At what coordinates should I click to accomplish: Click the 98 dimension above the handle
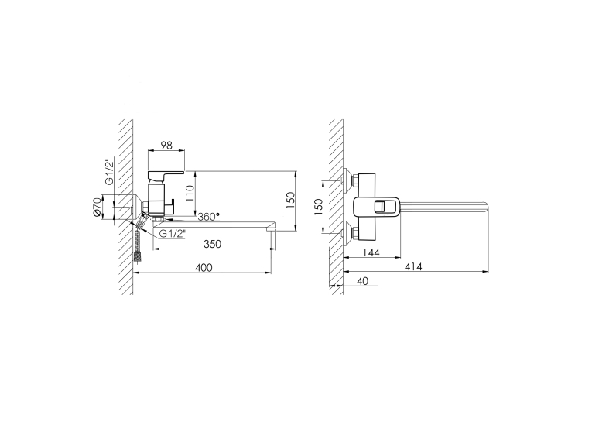click(x=166, y=145)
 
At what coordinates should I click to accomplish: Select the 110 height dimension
click(x=190, y=193)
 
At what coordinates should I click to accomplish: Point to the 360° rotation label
click(x=209, y=217)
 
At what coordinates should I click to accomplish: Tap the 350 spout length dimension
click(x=212, y=244)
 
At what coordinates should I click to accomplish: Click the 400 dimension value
click(x=204, y=267)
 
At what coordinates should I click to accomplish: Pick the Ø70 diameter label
click(x=98, y=208)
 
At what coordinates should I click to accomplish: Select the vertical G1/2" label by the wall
click(x=109, y=172)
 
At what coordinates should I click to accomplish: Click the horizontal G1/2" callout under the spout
click(x=172, y=234)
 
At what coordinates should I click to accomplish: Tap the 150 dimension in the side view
click(x=290, y=201)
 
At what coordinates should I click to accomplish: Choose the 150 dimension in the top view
click(x=319, y=207)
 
